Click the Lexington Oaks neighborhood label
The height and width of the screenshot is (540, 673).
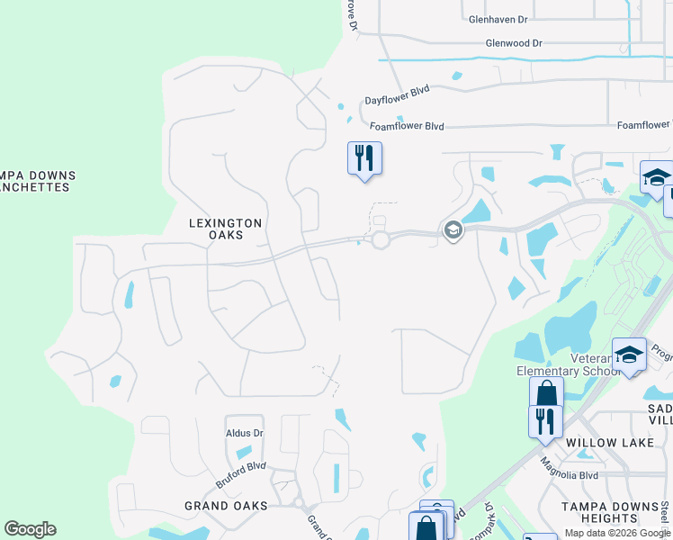226,229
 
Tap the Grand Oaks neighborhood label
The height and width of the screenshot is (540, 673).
226,506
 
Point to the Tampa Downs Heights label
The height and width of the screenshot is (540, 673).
611,512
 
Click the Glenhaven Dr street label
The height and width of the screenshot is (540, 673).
498,18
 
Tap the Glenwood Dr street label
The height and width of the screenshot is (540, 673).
514,42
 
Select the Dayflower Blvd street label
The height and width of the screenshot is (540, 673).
397,95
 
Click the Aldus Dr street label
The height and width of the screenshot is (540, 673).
245,433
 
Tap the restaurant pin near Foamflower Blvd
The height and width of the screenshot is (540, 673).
364,159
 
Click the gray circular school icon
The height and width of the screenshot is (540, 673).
452,230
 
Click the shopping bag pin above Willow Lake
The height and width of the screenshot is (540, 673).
546,393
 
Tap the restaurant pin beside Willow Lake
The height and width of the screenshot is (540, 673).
545,421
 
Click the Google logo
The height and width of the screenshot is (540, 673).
30,529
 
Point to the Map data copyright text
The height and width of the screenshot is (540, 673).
616,534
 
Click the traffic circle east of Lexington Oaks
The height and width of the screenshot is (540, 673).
380,238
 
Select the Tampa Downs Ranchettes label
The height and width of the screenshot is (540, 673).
36,181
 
